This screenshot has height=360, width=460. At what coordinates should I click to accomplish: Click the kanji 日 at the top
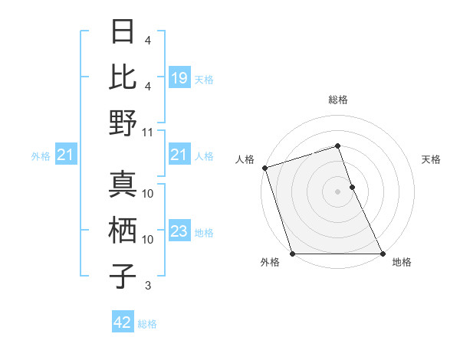[123, 32]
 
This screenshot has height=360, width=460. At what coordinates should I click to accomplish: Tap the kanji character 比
[123, 77]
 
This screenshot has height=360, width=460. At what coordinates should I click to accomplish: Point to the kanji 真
[123, 185]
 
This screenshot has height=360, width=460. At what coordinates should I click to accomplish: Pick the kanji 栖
[123, 231]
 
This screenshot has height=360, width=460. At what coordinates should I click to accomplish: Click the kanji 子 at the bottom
[123, 277]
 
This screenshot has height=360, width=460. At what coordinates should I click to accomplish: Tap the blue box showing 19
[179, 77]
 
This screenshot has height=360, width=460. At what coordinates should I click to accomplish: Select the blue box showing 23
[179, 232]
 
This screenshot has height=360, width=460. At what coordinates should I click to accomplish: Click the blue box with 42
[123, 323]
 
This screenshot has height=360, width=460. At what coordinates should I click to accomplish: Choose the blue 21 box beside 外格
[66, 155]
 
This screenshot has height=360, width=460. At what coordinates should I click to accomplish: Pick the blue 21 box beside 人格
[179, 155]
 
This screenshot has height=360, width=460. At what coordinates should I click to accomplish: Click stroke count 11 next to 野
[149, 132]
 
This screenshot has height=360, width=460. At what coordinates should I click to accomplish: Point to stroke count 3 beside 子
[148, 286]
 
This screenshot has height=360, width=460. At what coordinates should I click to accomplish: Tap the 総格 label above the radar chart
[338, 100]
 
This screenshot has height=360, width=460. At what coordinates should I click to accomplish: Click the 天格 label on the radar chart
[432, 159]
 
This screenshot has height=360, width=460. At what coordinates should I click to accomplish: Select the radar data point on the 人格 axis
[264, 168]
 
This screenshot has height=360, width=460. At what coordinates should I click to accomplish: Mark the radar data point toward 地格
[383, 254]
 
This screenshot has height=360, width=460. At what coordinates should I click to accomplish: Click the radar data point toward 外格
[292, 254]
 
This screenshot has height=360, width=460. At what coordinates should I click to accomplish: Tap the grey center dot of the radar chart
[338, 191]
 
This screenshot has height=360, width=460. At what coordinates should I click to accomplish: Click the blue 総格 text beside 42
[147, 324]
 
